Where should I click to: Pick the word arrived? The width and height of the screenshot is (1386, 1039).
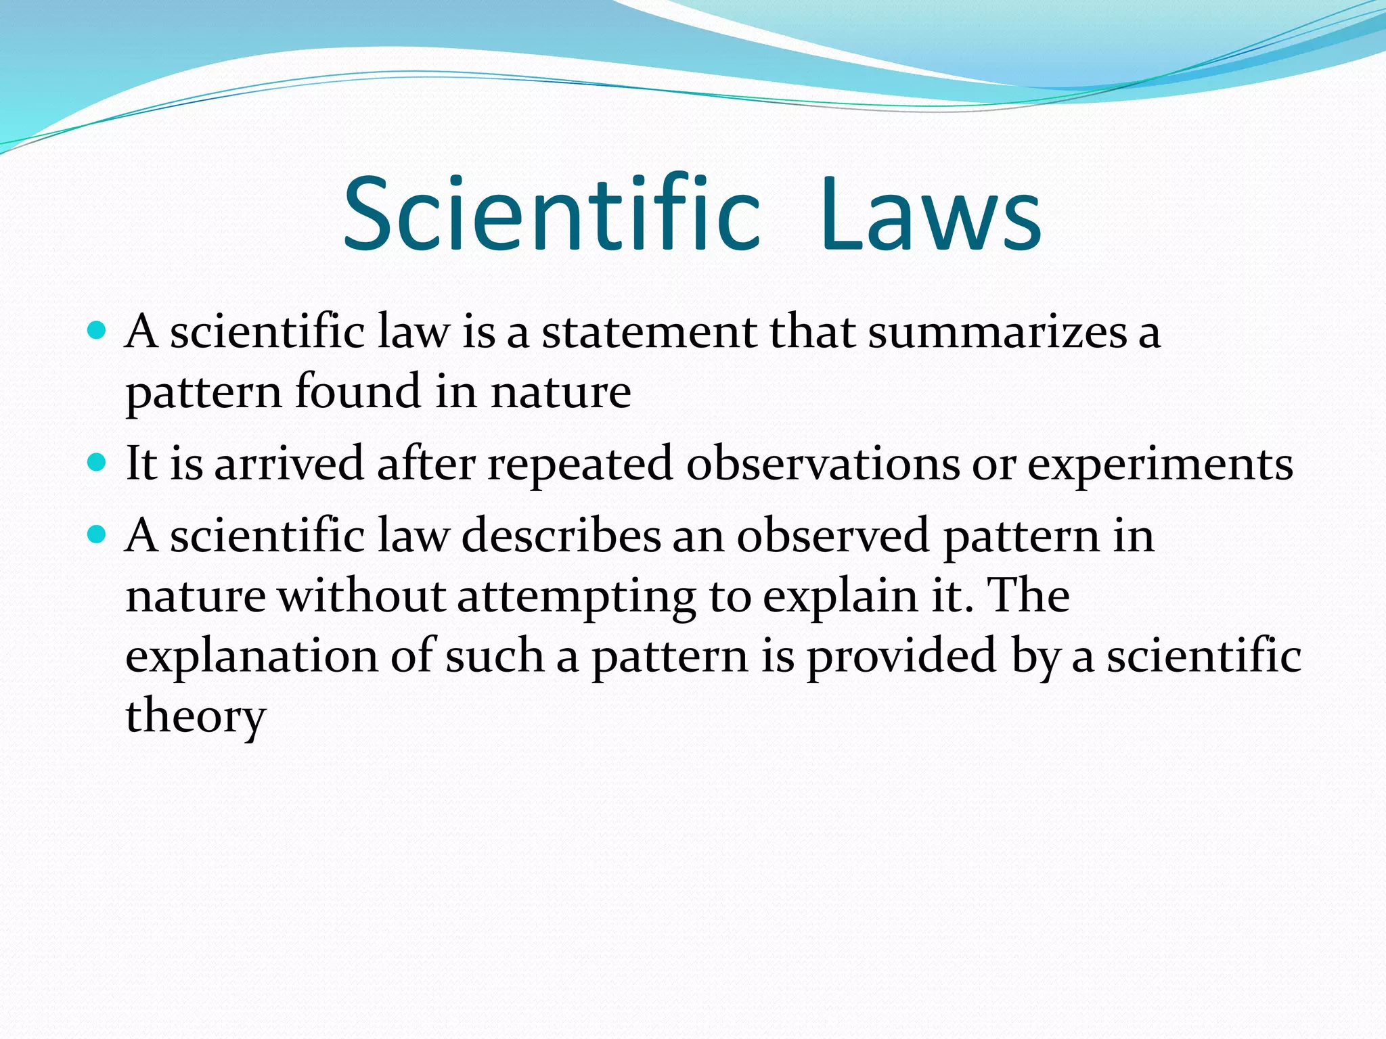[x=289, y=464]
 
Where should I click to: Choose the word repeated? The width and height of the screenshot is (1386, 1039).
[x=580, y=465]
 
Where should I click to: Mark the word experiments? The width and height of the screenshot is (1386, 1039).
[x=1160, y=465]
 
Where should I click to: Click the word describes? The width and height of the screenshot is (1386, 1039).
[x=561, y=536]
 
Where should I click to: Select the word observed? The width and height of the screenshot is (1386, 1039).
[x=833, y=536]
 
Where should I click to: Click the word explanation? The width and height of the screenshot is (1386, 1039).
[x=251, y=657]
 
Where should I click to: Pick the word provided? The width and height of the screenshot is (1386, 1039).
[x=901, y=657]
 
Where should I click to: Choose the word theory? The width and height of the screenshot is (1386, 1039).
[x=196, y=716]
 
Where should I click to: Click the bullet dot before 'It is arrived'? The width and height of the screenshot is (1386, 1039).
[x=97, y=463]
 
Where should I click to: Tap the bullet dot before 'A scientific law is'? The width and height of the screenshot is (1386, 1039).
[x=97, y=331]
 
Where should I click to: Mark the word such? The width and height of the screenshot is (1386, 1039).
[x=494, y=655]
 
